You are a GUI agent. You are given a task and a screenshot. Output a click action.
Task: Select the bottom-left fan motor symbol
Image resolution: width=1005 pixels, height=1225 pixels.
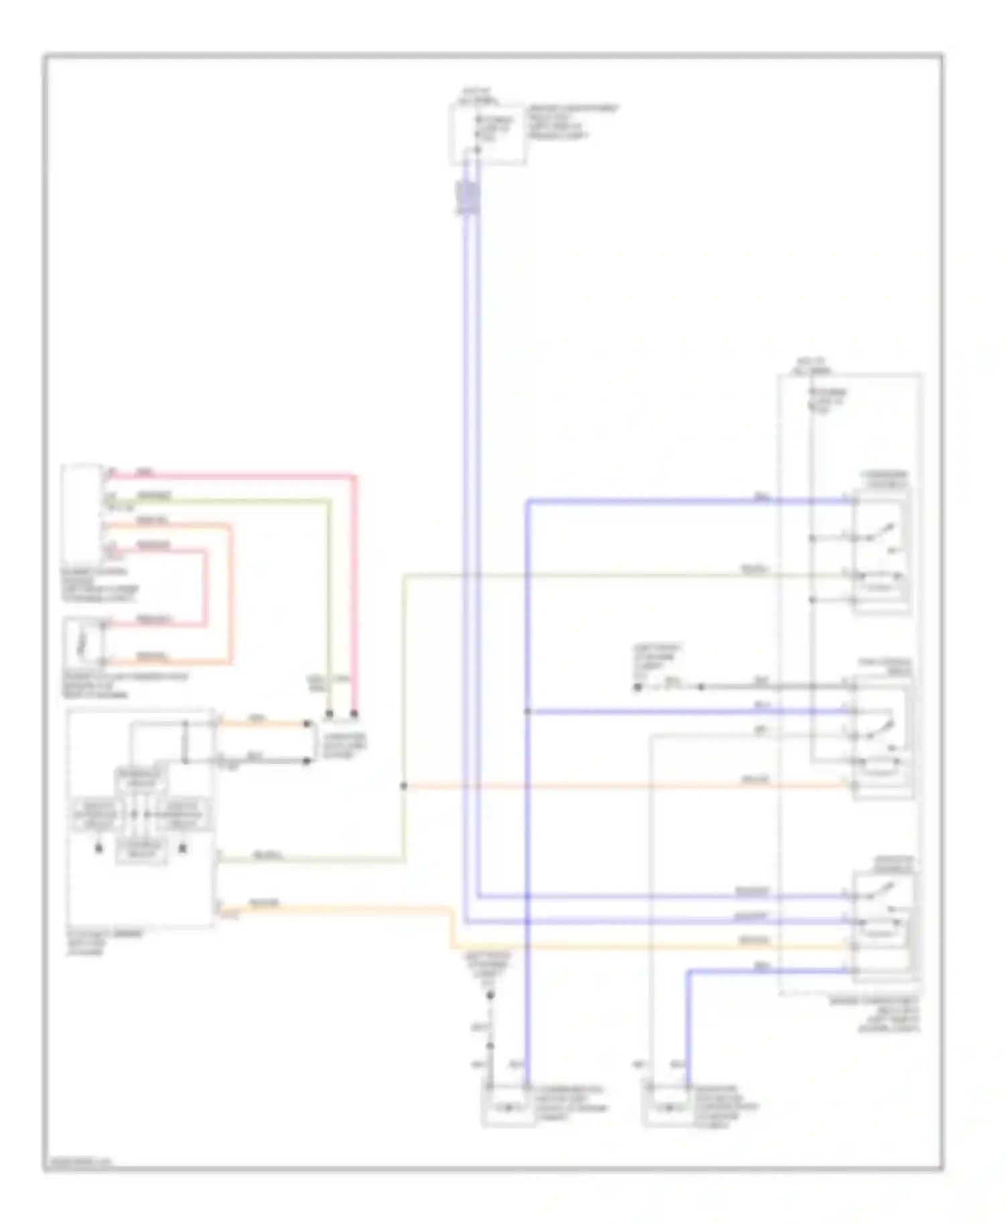click(x=507, y=1108)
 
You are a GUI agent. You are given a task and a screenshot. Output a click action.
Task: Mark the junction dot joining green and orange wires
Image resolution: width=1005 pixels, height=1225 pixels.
click(x=403, y=785)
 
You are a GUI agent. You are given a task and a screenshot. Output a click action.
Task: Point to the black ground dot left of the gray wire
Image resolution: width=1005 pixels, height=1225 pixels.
click(x=638, y=687)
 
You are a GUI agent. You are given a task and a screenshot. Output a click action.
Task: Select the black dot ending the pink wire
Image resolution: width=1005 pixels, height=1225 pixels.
click(x=354, y=714)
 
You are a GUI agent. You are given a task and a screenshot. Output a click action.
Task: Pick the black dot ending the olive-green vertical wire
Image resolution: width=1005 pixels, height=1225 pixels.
click(x=329, y=714)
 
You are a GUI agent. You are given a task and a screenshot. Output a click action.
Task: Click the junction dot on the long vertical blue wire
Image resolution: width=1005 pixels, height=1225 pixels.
click(x=527, y=712)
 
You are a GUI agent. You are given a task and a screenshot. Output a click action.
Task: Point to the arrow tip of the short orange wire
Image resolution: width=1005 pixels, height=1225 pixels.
click(x=308, y=724)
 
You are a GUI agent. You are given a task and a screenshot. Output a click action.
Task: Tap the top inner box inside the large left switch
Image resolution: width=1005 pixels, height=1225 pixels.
click(x=141, y=779)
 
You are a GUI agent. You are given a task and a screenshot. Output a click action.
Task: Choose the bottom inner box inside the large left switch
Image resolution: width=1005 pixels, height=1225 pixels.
click(x=141, y=850)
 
